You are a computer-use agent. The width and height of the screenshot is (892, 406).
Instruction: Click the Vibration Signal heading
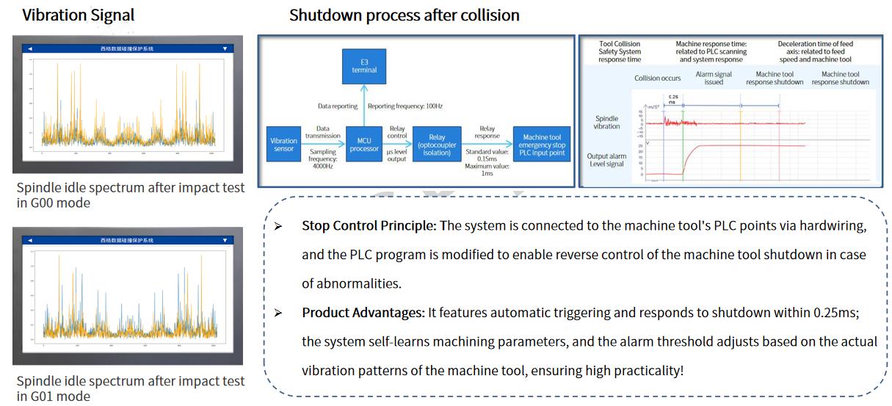coord(79,15)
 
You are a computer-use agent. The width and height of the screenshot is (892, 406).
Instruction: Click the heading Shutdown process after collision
coord(404,15)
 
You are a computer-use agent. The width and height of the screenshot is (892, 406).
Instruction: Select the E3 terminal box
coord(364,65)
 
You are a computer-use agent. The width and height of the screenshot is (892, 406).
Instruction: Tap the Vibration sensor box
coord(283,145)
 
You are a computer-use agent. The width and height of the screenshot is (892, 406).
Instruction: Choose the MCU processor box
coord(364,145)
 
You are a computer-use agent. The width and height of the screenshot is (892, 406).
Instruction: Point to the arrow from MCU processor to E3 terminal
coord(364,104)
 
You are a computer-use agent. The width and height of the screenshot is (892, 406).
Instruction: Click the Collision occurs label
coord(657,78)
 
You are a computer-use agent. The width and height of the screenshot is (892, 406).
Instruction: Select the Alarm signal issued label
coord(714,78)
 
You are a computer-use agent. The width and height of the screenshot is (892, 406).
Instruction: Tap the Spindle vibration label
coord(607,122)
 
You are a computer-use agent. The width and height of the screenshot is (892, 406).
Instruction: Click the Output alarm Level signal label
coord(606,159)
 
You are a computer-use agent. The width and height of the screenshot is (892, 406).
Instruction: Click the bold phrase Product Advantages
coord(363,313)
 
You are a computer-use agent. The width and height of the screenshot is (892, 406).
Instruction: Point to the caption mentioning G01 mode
coord(131,389)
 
